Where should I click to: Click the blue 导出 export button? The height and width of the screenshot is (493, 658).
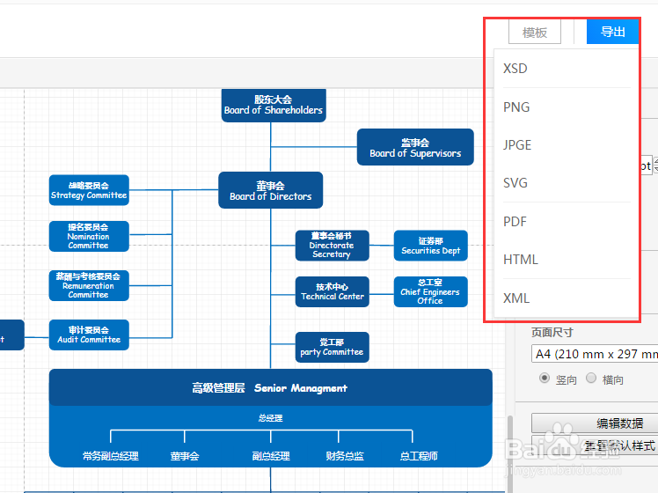[613, 33]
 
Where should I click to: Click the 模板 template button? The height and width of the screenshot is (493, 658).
[535, 33]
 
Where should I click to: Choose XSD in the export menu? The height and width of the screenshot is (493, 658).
[515, 69]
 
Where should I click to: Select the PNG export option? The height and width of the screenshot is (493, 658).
[516, 107]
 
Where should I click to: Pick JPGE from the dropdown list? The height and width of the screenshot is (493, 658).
[517, 145]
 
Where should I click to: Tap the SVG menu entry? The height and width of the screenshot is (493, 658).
[515, 183]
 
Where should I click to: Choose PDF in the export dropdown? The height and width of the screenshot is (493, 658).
[515, 222]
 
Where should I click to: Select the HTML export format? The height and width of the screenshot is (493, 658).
[520, 260]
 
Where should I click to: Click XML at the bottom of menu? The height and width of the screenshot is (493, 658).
[516, 298]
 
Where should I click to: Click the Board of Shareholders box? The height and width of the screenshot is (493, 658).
[274, 105]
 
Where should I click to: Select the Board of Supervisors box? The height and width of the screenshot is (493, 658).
[415, 147]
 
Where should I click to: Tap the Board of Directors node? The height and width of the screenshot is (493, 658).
[271, 190]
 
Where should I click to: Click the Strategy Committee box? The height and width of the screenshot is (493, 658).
[89, 190]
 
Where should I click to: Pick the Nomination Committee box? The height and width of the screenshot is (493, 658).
[89, 236]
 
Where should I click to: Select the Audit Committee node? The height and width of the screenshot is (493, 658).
[89, 335]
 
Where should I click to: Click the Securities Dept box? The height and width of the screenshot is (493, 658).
[430, 246]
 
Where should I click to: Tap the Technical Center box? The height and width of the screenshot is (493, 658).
[332, 291]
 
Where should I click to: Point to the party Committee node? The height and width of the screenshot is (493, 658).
[332, 347]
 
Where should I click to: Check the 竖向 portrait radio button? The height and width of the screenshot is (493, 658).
[545, 379]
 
